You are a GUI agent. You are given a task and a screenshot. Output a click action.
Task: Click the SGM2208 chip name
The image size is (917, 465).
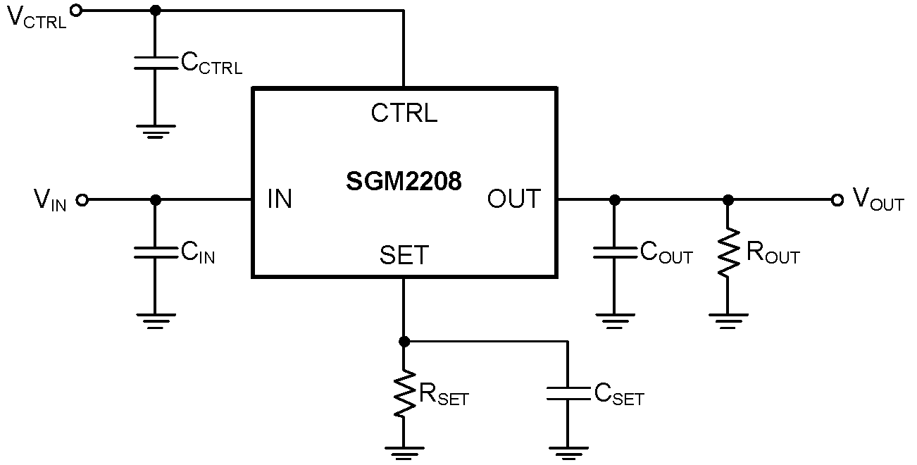pos(404,182)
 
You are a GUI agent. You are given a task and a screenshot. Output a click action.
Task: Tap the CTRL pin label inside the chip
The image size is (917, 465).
pos(404,113)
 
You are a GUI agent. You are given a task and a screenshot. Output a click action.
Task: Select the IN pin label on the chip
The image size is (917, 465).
pos(280,199)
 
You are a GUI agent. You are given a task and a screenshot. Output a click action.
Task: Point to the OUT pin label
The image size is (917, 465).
pos(514,199)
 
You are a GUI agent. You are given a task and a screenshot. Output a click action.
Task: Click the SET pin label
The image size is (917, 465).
pos(404,255)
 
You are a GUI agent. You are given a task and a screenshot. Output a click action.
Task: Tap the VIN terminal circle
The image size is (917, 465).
pos(82,200)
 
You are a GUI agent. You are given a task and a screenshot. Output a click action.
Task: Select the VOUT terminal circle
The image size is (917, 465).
pos(837,200)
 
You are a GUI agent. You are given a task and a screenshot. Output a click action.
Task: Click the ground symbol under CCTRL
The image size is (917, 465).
pos(156,130)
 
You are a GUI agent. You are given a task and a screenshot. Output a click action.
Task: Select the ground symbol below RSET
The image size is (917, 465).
pos(404,450)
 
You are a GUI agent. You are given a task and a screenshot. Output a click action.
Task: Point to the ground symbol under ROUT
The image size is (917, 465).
pos(728,321)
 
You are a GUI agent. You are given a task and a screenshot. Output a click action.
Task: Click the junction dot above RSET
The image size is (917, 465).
pos(404,342)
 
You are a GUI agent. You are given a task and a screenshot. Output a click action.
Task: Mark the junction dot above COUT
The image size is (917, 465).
pos(614,200)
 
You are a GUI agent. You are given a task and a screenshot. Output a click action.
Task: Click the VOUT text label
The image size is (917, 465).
pos(878,200)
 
